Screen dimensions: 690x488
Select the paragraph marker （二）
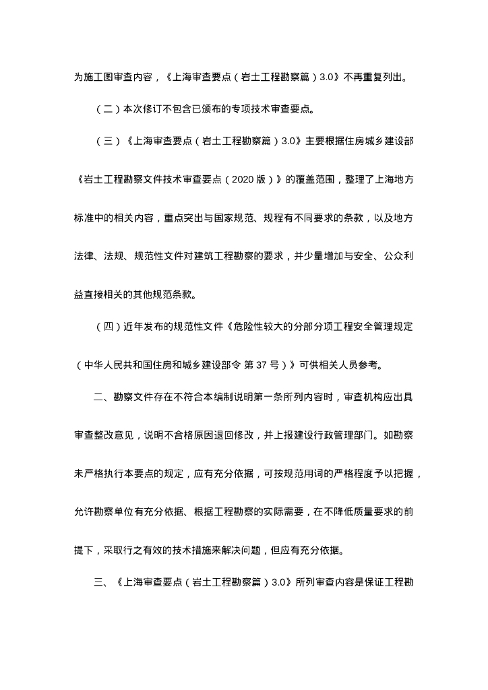click(109, 106)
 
